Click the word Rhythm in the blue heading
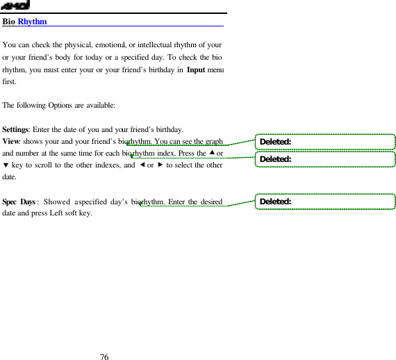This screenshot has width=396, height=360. click(32, 22)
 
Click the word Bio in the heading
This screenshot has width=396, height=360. click(9, 22)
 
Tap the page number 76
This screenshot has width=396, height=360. click(104, 357)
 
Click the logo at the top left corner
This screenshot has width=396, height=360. click(14, 6)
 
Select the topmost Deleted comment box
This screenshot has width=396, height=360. click(324, 142)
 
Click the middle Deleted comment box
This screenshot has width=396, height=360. click(324, 159)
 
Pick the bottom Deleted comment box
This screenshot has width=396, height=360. click(324, 202)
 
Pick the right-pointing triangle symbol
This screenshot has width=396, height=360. click(158, 165)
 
